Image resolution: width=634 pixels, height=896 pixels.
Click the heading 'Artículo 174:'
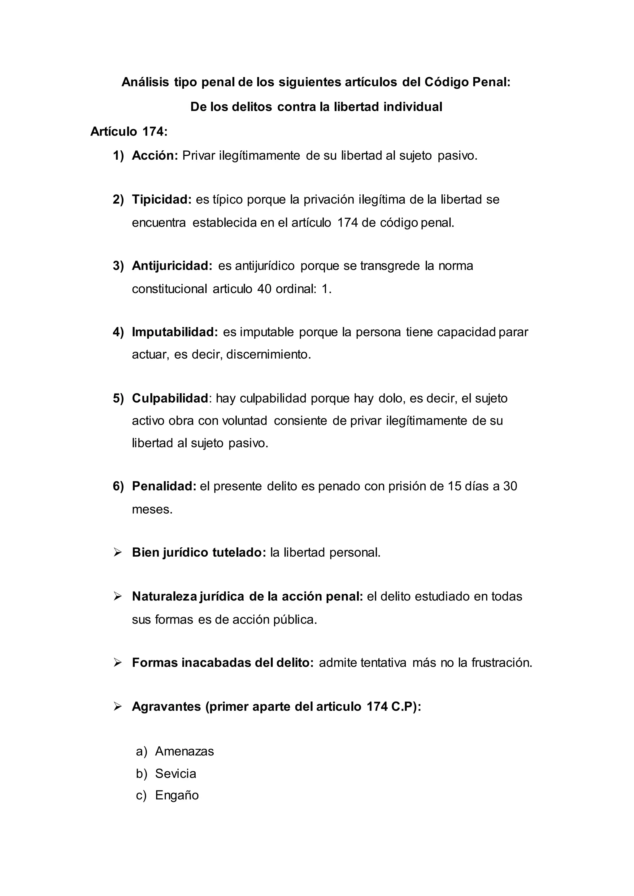coord(129,131)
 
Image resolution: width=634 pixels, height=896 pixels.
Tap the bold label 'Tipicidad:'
coord(162,200)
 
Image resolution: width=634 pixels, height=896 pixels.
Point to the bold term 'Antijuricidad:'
coord(172,266)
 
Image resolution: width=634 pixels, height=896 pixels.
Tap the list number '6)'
coord(118,486)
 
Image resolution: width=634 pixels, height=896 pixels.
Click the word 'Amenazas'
coord(184,751)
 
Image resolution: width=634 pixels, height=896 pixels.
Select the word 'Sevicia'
coord(175,773)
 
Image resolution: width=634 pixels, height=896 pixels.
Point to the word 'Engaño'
coord(177,795)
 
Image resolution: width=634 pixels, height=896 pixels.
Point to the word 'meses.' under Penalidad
coord(152,509)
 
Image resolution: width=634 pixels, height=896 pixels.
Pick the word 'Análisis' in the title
coord(145,82)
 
